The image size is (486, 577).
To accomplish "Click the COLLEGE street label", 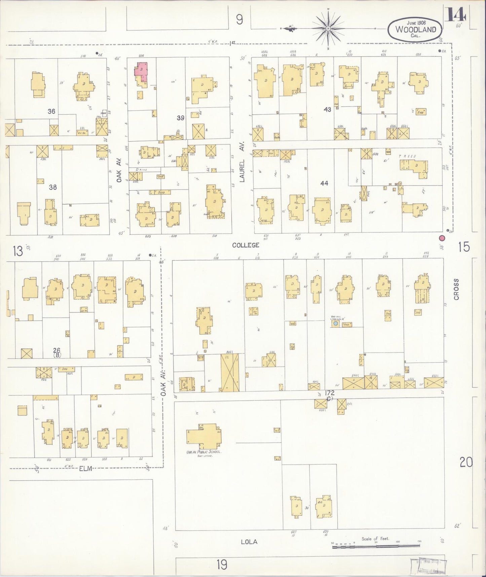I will pos(246,245).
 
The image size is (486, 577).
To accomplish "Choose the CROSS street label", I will pos(456,289).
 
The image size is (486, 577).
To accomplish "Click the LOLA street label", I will pos(249,542).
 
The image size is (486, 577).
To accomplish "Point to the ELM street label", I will pos(85,468).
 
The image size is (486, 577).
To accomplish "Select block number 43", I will pos(327,109).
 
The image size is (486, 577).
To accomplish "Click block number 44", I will pos(324,183).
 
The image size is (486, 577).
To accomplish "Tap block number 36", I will pos(51,111).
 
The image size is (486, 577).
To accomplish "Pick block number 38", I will pos(53,187).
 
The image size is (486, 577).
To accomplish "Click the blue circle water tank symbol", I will pos(335,324).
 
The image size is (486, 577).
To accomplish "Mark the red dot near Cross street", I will pos(442,238).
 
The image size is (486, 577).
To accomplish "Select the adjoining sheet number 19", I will pos(222,564).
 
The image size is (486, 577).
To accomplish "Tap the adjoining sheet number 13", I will pos(18,251).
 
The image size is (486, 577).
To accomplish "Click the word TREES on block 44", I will pos(407,156).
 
